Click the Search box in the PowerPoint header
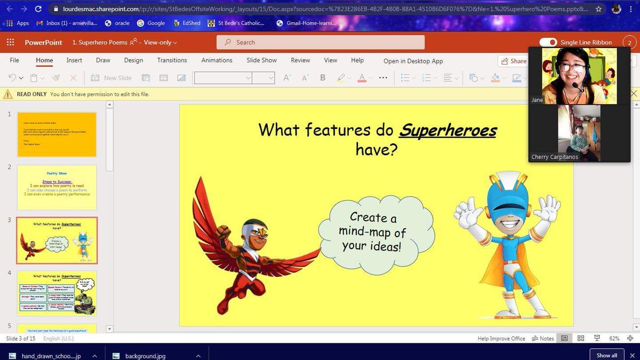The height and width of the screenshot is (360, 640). (320, 42)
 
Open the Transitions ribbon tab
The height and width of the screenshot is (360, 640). (172, 60)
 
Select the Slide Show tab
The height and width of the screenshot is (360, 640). (261, 60)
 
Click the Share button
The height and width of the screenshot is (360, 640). (513, 61)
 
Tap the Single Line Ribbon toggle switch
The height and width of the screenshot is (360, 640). (548, 42)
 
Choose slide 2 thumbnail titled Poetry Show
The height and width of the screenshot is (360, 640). (57, 187)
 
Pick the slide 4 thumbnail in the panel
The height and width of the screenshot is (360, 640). (57, 293)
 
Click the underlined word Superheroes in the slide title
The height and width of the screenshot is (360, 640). (447, 130)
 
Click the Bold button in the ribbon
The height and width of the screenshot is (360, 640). (323, 77)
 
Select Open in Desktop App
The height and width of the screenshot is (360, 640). (413, 61)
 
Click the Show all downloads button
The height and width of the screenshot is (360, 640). (606, 355)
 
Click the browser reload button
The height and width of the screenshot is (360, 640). (38, 9)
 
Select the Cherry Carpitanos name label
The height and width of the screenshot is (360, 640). (554, 157)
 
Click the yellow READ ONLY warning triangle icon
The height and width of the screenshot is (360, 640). (8, 94)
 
